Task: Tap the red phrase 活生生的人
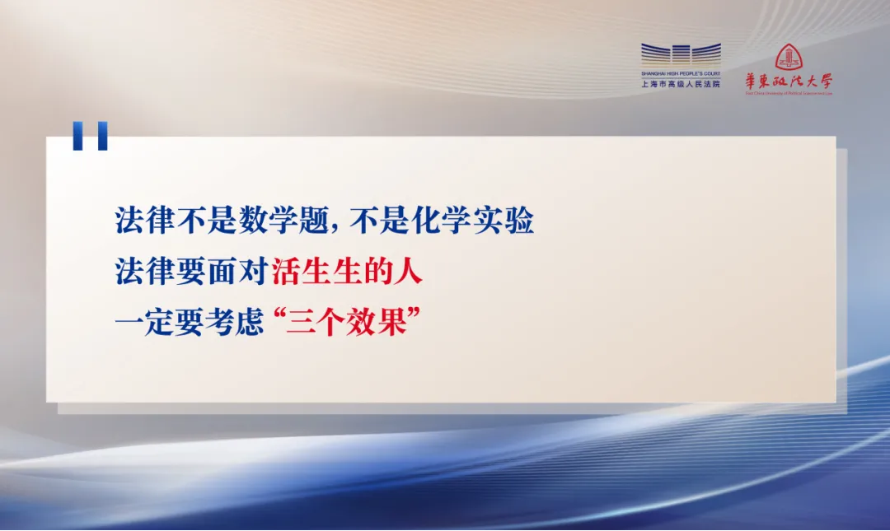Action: pos(347,271)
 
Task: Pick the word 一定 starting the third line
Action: pos(144,322)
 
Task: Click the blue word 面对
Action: pos(237,271)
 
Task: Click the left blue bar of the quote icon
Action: pos(77,136)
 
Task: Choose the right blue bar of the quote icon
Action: pos(102,136)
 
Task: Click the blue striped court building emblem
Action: pos(682,55)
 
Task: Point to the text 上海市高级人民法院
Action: pos(681,84)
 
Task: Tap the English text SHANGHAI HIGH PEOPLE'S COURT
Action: pos(681,74)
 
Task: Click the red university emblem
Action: pos(789,58)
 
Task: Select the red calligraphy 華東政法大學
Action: pos(789,82)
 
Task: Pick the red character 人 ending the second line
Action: pos(408,271)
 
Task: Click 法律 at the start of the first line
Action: pos(144,220)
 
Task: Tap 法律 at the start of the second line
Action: pos(144,271)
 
